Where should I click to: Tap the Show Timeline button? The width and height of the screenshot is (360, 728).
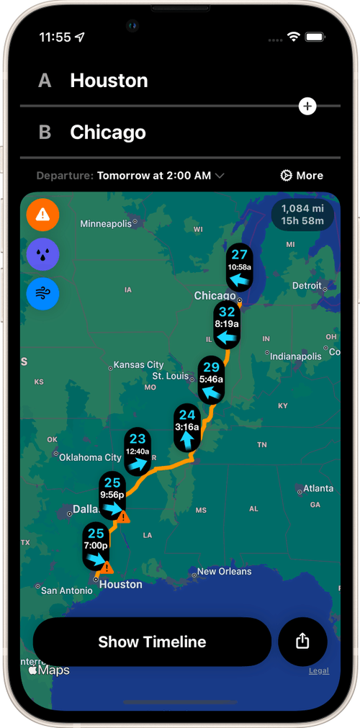coord(152,642)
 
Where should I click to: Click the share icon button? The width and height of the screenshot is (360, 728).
coord(302,641)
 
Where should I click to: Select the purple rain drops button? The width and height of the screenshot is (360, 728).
coord(42,254)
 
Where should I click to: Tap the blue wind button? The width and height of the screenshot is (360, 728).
coord(42,294)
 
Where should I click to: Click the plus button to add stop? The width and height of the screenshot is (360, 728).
coord(307,107)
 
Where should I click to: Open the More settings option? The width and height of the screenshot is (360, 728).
coord(302,176)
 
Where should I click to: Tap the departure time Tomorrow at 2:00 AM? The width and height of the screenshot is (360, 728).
coord(161,176)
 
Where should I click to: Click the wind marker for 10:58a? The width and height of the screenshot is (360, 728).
coord(239,267)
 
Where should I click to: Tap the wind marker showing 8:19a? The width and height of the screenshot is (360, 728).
coord(227,325)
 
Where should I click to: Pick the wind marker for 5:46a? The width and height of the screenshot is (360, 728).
coord(211,379)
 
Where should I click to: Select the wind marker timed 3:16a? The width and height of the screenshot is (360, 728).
coord(187,427)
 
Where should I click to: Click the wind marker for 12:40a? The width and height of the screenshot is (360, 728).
coord(138,451)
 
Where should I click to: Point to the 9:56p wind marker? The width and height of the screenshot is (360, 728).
coord(112,495)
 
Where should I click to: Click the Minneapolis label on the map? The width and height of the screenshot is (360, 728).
coord(106,224)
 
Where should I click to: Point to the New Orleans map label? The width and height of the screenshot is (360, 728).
coord(224,572)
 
